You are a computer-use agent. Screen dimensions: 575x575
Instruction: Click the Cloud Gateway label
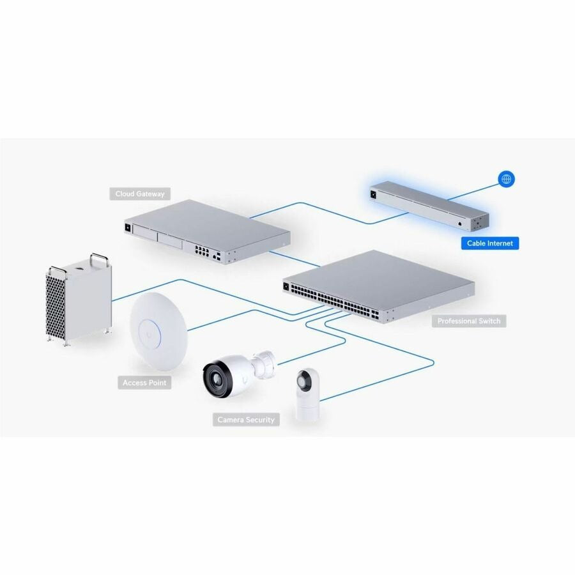coord(140,194)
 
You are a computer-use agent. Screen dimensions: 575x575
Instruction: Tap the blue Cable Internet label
coord(490,243)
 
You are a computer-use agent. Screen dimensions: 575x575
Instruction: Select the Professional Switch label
coord(469,321)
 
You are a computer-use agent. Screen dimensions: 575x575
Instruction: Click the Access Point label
coord(144,383)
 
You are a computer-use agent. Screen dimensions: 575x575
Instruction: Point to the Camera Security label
coord(246,420)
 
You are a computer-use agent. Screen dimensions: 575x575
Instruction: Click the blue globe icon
coord(507,179)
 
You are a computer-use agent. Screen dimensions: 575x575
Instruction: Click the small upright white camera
coord(307,395)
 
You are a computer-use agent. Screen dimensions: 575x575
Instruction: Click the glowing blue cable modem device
coord(429,206)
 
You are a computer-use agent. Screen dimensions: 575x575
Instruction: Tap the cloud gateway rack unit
coord(207,231)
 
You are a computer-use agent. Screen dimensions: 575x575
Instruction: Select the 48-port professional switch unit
coord(378,287)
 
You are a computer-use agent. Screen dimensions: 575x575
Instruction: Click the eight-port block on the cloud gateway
coord(201,251)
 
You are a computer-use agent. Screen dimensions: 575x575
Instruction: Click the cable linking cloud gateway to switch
coord(295,259)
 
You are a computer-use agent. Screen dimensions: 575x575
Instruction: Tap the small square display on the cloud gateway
coord(128,227)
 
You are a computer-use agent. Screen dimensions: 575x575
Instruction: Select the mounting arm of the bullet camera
coord(263,360)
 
